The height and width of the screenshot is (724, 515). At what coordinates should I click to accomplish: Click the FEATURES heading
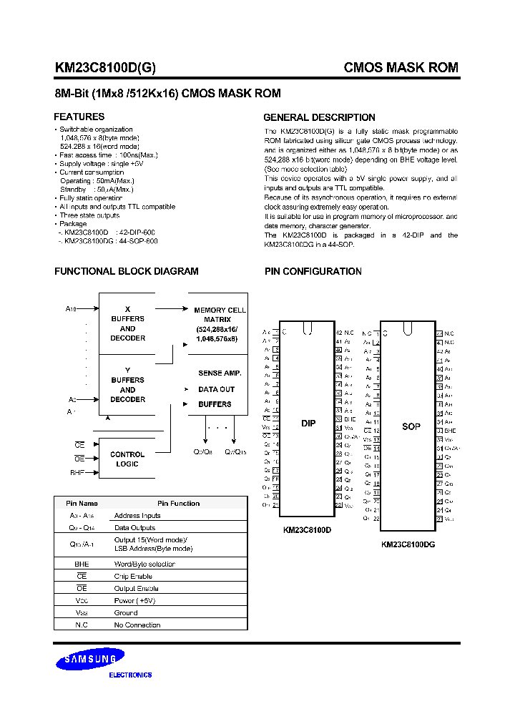click(x=79, y=117)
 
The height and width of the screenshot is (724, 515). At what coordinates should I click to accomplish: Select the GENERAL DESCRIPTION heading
click(x=319, y=117)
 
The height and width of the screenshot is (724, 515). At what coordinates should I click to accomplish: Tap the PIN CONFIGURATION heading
click(x=313, y=272)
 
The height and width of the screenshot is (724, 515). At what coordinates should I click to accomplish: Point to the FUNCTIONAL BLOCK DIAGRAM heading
click(x=127, y=272)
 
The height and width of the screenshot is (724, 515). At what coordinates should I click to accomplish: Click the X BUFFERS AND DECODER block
click(x=128, y=323)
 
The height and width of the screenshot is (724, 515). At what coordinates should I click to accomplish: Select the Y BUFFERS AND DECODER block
click(x=128, y=385)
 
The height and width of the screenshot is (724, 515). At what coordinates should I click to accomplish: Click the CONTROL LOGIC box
click(x=127, y=459)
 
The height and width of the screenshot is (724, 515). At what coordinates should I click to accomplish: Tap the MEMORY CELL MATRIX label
click(x=220, y=315)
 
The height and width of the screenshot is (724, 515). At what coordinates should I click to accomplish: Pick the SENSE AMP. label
click(x=220, y=373)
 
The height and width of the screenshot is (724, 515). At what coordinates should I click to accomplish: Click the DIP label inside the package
click(x=308, y=424)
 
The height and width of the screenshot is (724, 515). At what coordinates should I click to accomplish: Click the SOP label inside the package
click(x=411, y=426)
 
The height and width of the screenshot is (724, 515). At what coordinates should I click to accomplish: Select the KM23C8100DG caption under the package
click(x=408, y=544)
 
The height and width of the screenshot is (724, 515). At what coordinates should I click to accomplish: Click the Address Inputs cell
click(x=137, y=515)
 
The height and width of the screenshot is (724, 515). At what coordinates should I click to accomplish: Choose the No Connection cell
click(x=137, y=625)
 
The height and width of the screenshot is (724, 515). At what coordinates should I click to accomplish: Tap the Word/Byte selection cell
click(x=144, y=564)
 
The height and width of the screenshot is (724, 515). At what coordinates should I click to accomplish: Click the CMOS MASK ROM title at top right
click(x=401, y=68)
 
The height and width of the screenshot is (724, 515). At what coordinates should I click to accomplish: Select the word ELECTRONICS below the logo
click(x=130, y=675)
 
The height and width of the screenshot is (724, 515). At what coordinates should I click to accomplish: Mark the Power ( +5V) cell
click(x=134, y=600)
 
